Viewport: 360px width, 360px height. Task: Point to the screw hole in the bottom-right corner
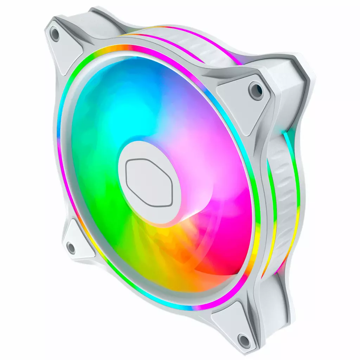(x=243, y=340)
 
